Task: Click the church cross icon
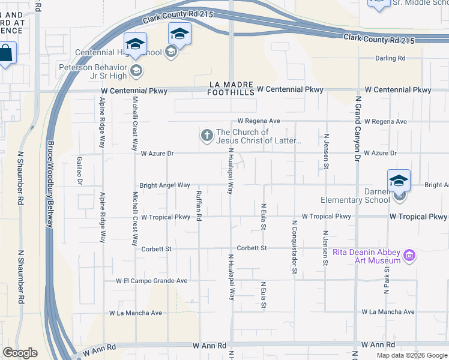coord(207,136)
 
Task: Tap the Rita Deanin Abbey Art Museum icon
coord(411,256)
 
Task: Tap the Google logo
coord(20,353)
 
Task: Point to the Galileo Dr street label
coord(79,170)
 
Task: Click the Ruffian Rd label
coord(199,205)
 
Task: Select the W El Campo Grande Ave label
coord(152,280)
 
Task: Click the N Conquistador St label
coord(295,247)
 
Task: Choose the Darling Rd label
coord(390,58)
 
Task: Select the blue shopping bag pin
coord(5,52)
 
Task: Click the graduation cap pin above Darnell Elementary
coord(399,180)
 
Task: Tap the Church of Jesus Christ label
coord(259,136)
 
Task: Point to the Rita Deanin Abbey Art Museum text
coord(366,256)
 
